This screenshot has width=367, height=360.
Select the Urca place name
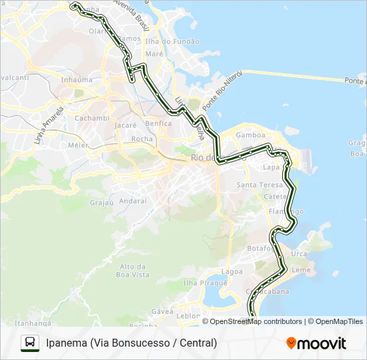click(x=300, y=254)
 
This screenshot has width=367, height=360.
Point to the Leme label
click(x=302, y=270)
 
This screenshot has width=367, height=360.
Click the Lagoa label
click(x=232, y=272)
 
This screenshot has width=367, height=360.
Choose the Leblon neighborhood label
click(x=188, y=315)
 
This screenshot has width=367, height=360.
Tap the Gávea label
click(x=163, y=311)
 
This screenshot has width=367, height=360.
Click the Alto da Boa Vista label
click(x=133, y=270)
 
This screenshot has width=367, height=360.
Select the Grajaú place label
click(x=101, y=201)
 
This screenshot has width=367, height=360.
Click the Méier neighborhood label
click(x=78, y=145)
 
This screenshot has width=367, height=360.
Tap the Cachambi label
click(x=91, y=118)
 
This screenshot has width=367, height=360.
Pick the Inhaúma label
click(x=77, y=80)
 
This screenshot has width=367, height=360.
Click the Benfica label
click(x=158, y=123)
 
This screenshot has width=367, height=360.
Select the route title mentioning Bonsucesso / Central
click(x=131, y=343)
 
